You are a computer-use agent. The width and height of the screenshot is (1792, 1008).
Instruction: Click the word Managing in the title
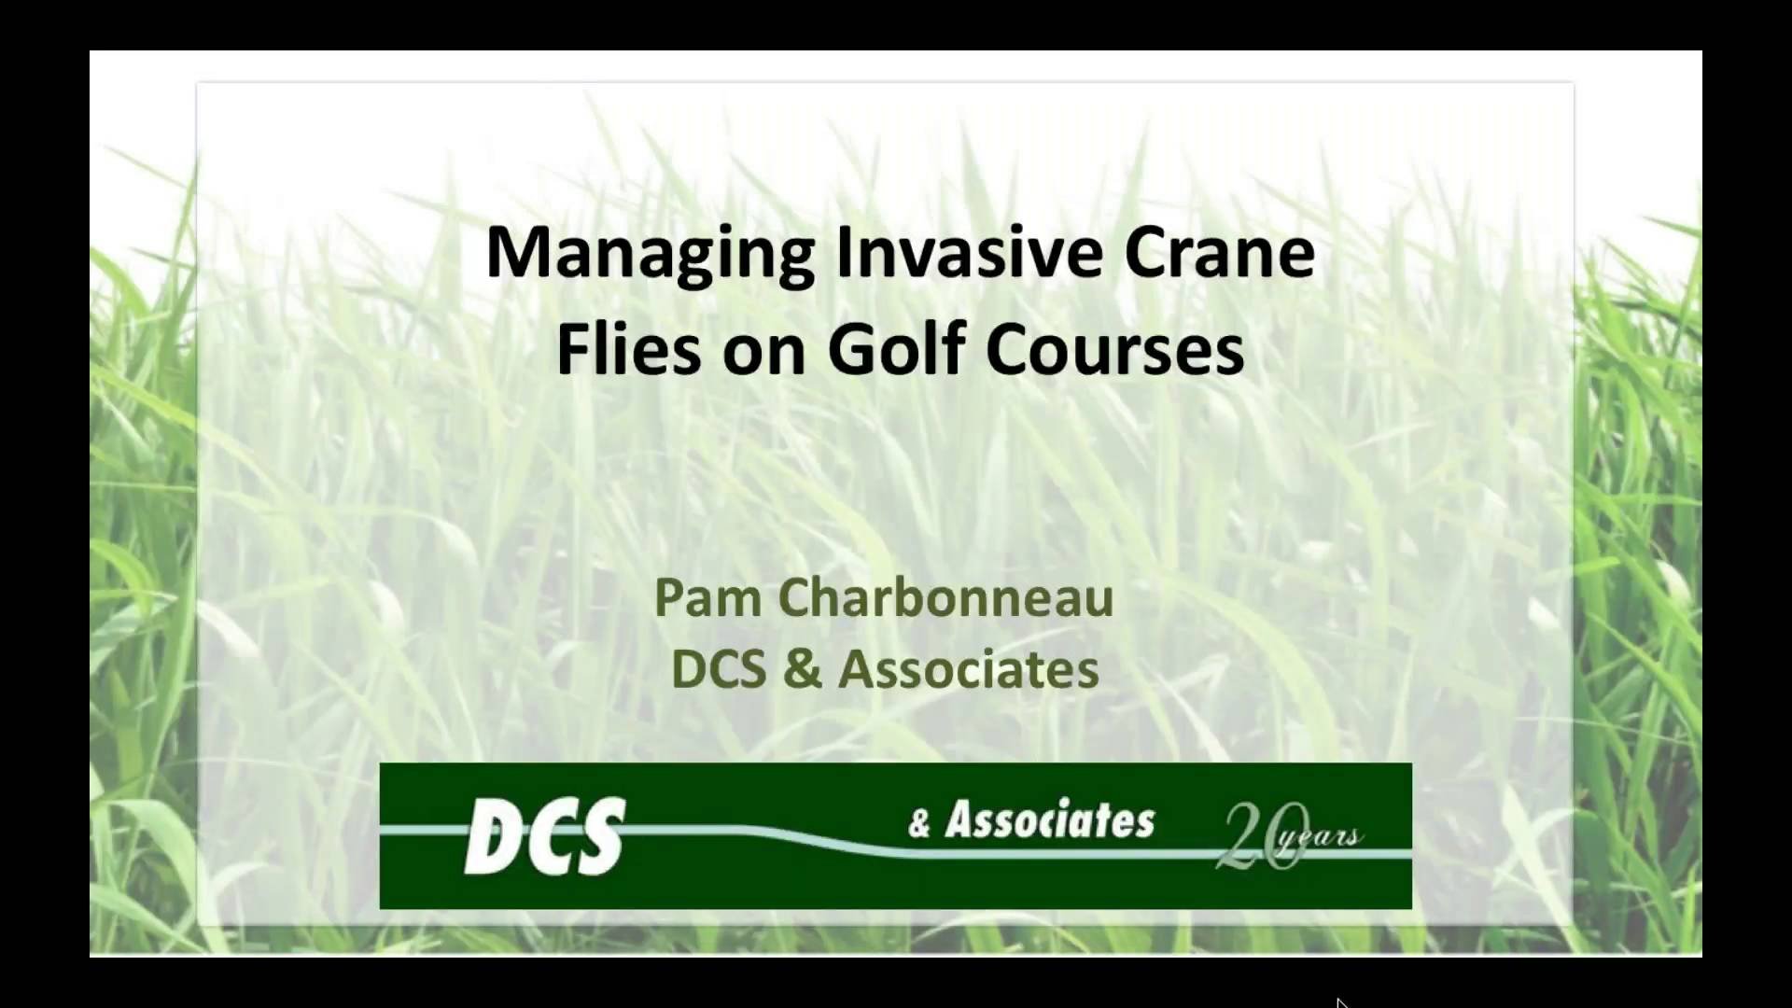651,255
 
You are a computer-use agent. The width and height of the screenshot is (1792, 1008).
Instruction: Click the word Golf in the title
895,350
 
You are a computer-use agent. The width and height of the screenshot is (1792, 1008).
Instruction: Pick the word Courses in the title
1114,350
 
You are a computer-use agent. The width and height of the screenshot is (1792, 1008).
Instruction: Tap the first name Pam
707,597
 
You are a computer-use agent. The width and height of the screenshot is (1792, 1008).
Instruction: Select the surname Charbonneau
945,597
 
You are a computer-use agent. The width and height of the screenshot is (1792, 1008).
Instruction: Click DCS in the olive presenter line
719,669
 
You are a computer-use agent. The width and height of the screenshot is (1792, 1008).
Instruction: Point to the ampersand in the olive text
802,669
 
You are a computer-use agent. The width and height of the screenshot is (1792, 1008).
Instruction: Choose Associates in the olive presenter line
968,669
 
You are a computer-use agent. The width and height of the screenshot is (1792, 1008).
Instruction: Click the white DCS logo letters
545,836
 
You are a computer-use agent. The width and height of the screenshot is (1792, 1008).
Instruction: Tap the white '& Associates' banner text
1031,821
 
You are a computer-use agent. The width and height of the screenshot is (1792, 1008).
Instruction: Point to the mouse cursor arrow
1341,1002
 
